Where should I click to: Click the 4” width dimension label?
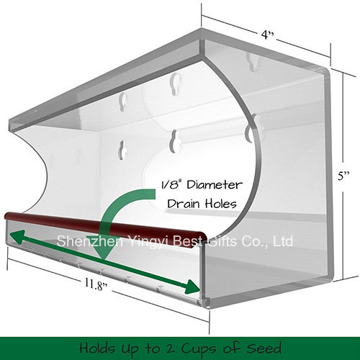coord(267,35)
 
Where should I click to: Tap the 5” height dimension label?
coord(343,176)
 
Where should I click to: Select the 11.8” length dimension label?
coord(96,284)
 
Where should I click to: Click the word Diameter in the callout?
coord(215,185)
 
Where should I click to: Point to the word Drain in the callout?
coord(184,204)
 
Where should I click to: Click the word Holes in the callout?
coord(221,204)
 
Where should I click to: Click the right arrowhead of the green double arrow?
coord(192,287)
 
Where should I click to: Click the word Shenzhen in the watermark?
coord(89,240)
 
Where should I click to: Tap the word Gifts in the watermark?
coord(222,240)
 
